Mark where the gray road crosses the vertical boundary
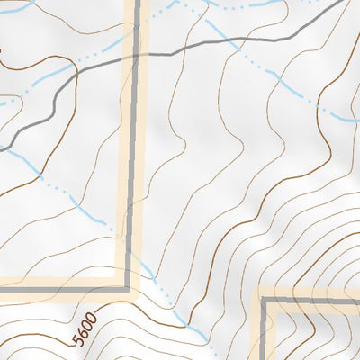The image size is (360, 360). point(136,56)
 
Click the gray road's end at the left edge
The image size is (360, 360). point(0,148)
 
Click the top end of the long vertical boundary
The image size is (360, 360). point(136,0)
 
